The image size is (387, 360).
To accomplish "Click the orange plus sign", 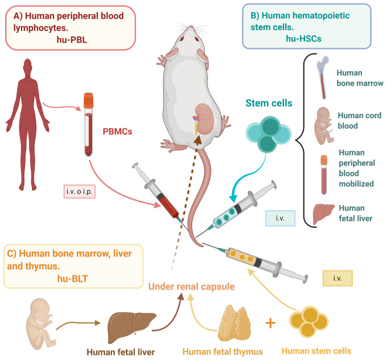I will (271, 324).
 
